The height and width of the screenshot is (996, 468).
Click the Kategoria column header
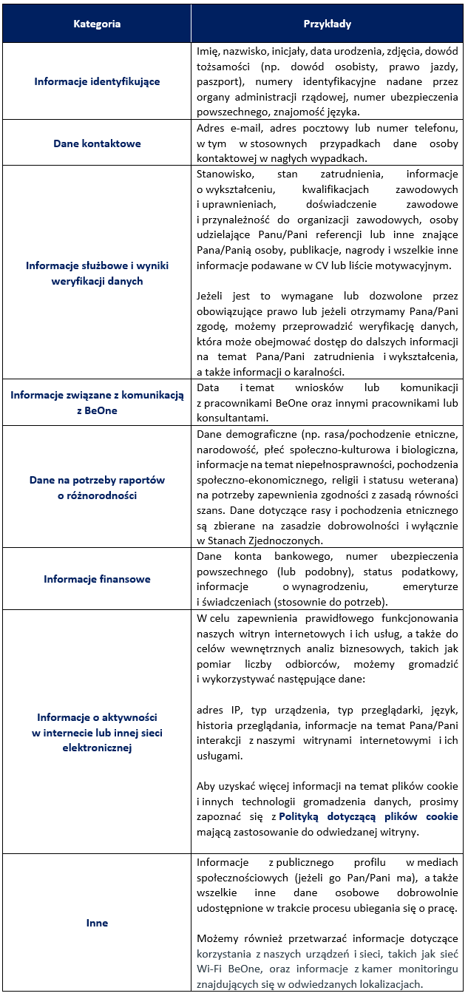tap(97, 24)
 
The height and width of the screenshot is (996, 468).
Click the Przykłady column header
tap(328, 24)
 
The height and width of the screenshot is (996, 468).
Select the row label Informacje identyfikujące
tap(97, 81)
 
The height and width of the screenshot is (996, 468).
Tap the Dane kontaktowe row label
tap(97, 143)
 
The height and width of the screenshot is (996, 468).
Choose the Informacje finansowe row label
tap(97, 579)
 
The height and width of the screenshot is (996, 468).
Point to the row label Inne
tap(97, 923)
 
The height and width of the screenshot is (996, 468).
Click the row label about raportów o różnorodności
tap(97, 488)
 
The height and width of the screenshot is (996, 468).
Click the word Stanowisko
tap(224, 175)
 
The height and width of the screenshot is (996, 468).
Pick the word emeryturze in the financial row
tap(431, 586)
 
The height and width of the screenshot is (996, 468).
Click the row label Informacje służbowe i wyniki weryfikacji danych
tap(97, 273)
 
